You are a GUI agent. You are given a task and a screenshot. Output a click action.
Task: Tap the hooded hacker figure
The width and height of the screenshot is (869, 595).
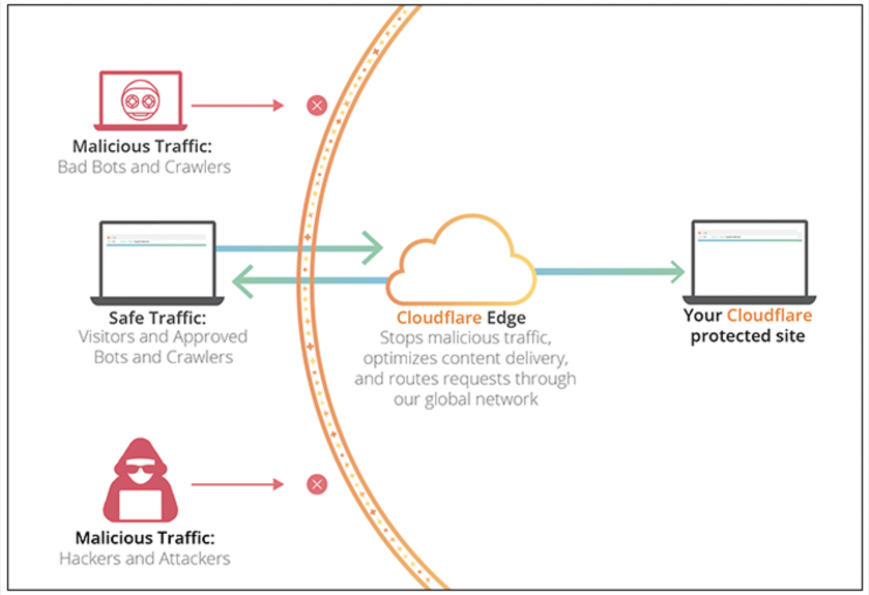tap(140, 482)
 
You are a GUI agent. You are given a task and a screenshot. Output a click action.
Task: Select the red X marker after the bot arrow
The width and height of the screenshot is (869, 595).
tap(317, 106)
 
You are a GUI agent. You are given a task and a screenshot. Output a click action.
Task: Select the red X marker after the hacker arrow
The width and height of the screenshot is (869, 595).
tap(317, 484)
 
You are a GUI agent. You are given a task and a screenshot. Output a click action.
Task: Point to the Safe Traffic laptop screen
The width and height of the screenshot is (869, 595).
tap(157, 260)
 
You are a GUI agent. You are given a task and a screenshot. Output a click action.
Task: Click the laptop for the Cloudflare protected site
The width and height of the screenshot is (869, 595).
tap(749, 260)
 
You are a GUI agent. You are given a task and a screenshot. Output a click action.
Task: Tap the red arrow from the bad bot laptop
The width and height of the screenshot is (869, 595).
tap(237, 105)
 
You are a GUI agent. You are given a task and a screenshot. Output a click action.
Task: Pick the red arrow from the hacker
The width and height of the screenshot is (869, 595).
tap(237, 484)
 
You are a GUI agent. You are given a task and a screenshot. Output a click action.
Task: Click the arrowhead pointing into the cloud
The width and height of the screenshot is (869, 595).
tap(373, 248)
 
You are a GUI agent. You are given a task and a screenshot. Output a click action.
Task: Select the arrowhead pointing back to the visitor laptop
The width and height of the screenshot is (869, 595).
tap(243, 281)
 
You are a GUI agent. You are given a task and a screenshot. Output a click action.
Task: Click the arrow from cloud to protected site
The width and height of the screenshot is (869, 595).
tap(608, 271)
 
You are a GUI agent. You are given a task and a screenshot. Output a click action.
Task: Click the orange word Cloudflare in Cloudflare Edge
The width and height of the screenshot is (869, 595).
tap(439, 317)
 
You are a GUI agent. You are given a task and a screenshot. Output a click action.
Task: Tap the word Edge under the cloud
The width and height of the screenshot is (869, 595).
tap(506, 317)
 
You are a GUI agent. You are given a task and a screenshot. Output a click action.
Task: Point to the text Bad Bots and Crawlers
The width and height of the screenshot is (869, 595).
tap(144, 167)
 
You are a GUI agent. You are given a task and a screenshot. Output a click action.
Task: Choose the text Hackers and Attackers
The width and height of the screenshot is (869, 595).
tap(144, 559)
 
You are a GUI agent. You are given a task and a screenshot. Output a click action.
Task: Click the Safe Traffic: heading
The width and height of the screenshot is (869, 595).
tap(157, 317)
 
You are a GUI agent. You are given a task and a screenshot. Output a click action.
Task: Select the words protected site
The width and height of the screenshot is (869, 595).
tap(747, 336)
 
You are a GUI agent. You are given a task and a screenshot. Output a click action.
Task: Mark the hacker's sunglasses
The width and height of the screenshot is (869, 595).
tap(140, 469)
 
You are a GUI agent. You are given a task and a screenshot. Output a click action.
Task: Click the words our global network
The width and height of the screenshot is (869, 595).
tap(465, 399)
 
